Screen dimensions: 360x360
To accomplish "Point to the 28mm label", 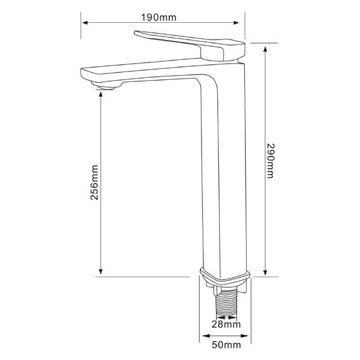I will pos(226,325).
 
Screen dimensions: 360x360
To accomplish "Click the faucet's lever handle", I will pos(174,41).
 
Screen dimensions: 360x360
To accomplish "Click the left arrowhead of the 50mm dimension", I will pos(202,335).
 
